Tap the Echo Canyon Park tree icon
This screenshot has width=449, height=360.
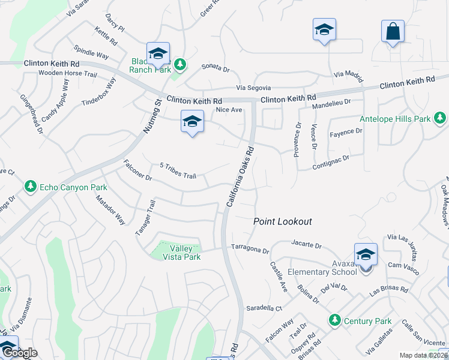tap(31, 187)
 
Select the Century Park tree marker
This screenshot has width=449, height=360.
tap(334, 320)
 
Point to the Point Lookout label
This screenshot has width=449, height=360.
tap(282, 221)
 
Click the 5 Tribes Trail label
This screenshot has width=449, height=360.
tap(178, 171)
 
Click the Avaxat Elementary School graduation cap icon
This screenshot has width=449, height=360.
tap(365, 254)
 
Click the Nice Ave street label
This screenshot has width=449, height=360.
tap(228, 110)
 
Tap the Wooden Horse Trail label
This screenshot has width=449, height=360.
tap(67, 74)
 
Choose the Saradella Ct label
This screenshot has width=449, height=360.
tap(264, 308)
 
